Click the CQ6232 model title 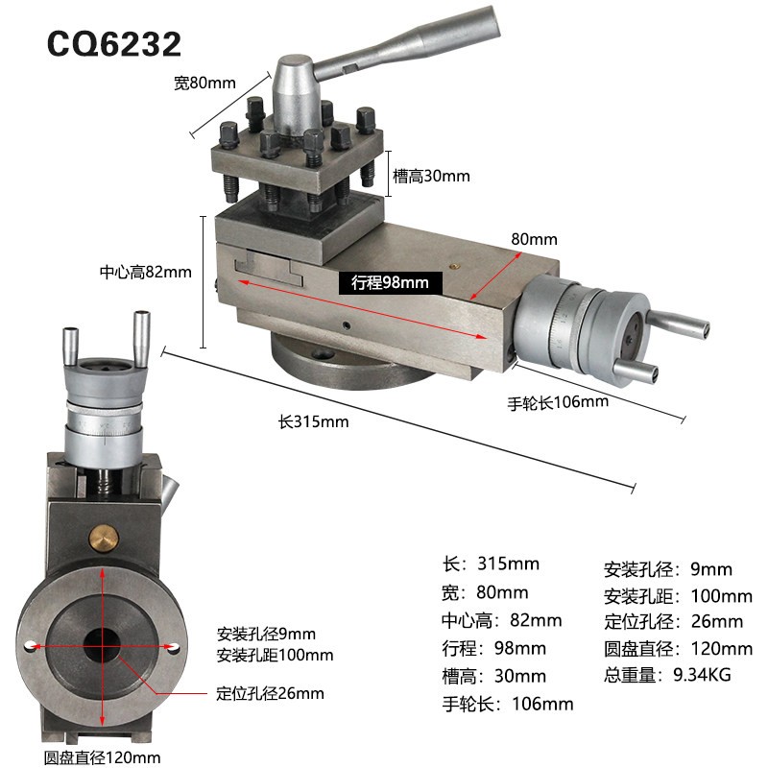click(x=113, y=44)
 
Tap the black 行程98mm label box click(x=391, y=283)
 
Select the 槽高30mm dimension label click(x=431, y=176)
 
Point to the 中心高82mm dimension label click(x=146, y=272)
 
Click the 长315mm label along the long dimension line click(x=314, y=421)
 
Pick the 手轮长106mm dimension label click(x=558, y=402)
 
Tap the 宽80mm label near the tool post click(x=204, y=83)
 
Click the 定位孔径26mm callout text click(x=271, y=693)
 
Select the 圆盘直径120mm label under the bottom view click(x=102, y=757)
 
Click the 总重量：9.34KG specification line click(x=667, y=675)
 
